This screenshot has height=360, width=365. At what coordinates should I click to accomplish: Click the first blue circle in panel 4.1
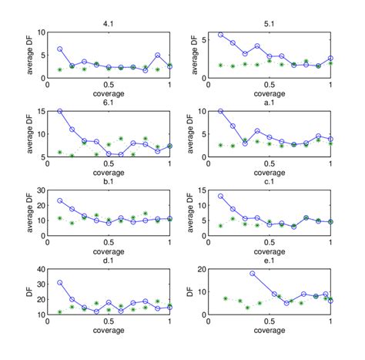(60, 49)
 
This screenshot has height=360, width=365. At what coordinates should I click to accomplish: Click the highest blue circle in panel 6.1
(60, 111)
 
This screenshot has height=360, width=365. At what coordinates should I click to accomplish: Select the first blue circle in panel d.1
(60, 282)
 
